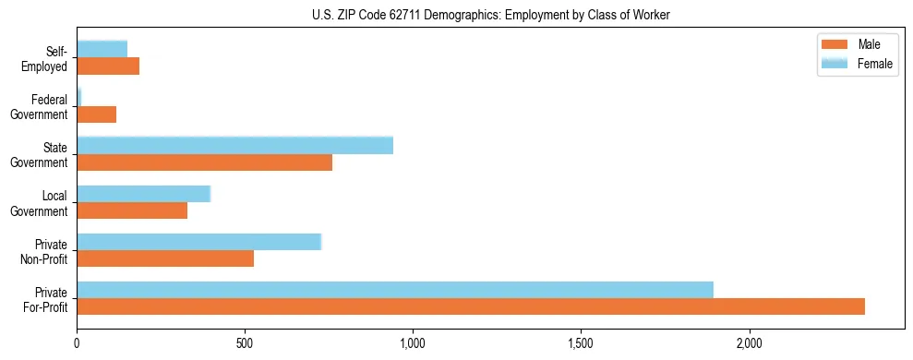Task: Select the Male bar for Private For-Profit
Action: click(471, 306)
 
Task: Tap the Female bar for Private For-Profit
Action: click(395, 289)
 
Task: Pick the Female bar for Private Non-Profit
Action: click(198, 242)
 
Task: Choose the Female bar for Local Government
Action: click(144, 194)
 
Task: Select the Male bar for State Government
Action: click(204, 162)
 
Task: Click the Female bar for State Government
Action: click(234, 146)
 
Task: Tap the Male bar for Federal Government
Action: click(97, 114)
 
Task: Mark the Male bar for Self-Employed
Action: click(108, 66)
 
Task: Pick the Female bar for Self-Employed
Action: click(102, 49)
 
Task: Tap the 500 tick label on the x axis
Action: click(245, 343)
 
